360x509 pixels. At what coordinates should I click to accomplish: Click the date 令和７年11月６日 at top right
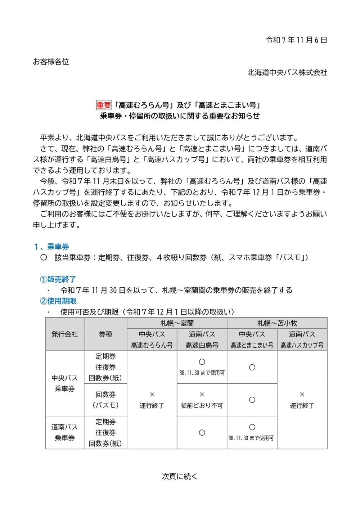296,40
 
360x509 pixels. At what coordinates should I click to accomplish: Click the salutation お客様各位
51,62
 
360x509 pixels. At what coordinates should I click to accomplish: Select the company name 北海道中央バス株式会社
287,73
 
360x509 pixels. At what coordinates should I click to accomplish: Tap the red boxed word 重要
104,105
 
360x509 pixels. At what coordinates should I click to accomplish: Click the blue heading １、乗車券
51,247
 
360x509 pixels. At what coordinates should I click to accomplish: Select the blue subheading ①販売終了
58,279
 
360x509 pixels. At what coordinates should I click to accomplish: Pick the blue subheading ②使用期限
58,301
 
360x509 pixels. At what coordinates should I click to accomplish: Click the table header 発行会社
65,334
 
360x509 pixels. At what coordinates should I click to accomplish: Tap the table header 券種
105,334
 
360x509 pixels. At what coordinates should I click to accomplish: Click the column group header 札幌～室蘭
177,323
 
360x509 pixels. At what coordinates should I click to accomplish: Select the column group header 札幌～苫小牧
277,323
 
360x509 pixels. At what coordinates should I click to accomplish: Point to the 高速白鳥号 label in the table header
202,346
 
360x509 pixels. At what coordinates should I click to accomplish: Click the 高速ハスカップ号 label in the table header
302,346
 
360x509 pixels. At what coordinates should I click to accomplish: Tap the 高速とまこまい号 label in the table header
252,346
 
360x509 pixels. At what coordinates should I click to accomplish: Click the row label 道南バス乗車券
65,433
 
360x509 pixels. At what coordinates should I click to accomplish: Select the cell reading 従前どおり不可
202,406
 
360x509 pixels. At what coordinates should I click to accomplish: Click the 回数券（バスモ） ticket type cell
105,400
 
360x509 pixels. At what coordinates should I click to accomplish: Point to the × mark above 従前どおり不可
202,395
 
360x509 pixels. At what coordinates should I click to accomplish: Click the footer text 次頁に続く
180,477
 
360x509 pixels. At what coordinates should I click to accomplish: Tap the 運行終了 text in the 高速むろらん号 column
152,406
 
